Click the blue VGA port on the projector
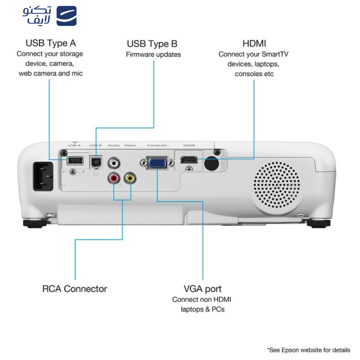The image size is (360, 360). tap(157, 163)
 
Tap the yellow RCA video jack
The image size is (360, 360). tap(130, 178)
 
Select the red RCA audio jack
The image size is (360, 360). tap(113, 179)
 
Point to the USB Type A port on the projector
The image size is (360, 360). tap(75, 161)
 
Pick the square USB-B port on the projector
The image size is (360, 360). tap(96, 162)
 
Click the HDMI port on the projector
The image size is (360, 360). tap(189, 160)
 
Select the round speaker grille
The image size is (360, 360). tap(276, 184)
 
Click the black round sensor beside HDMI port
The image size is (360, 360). tap(211, 164)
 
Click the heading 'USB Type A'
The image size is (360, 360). tap(50, 43)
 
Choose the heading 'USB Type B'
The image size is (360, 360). tap(152, 44)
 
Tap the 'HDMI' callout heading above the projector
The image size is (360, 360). tap(254, 44)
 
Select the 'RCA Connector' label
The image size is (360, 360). tap(75, 289)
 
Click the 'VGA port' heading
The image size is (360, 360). tap(202, 289)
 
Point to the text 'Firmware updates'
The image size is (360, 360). tap(153, 54)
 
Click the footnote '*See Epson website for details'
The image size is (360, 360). tap(308, 350)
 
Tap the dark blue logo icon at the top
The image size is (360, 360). tap(67, 16)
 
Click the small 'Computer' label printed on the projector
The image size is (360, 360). tap(157, 145)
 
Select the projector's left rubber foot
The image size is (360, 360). tap(34, 223)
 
